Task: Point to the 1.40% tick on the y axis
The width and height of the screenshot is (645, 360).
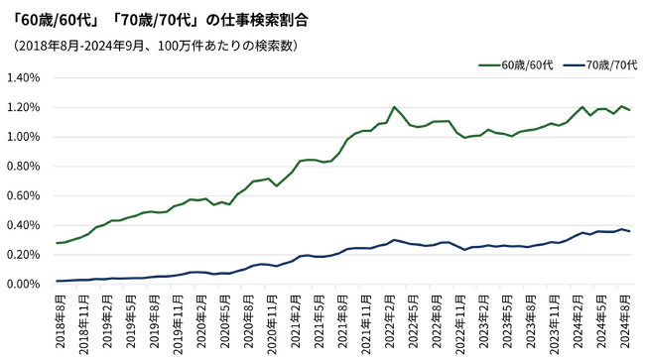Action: point(24,77)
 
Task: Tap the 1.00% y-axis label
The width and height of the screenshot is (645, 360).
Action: point(24,137)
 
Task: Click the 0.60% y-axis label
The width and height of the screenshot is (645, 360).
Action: point(24,195)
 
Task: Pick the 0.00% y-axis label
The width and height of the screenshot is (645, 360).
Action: point(24,284)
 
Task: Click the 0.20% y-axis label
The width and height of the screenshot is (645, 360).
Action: point(24,254)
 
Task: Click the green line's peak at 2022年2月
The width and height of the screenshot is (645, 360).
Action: point(394,107)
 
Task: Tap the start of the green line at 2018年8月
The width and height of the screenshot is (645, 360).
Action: point(57,243)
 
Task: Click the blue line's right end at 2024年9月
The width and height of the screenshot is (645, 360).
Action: point(630,231)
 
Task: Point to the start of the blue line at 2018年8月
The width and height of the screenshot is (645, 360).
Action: point(57,281)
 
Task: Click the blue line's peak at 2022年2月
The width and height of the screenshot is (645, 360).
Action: point(394,240)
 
